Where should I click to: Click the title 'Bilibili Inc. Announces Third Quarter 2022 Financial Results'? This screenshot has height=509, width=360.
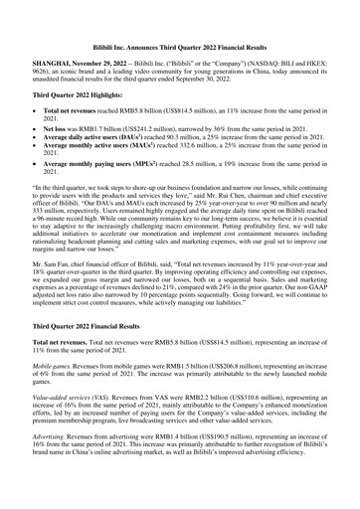click(x=179, y=19)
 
